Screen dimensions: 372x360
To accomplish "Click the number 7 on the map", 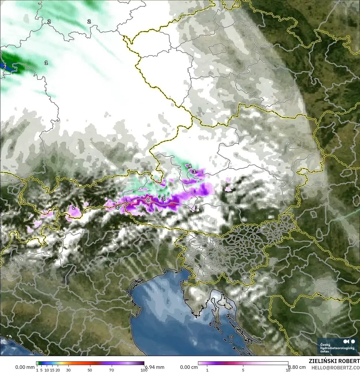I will click(x=5, y=67).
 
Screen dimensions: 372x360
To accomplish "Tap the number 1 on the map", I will click(x=46, y=62).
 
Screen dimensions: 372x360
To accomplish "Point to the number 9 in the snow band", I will click(x=148, y=200).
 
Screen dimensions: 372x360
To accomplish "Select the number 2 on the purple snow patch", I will click(x=74, y=207).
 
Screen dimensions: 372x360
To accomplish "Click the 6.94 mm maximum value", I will click(x=155, y=367).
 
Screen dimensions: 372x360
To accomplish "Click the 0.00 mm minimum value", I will click(x=25, y=367).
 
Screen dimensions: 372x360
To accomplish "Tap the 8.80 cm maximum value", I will click(x=297, y=367).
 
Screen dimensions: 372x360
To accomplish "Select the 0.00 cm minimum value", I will click(x=189, y=367).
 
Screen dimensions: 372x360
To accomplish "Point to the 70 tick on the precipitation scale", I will click(x=112, y=370).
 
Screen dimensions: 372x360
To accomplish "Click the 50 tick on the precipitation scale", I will click(x=90, y=370).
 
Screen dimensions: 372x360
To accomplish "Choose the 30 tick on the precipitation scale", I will click(x=68, y=370).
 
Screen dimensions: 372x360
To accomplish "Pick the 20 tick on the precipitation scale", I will click(x=58, y=370).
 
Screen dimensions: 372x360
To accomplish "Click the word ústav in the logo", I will click(x=325, y=351).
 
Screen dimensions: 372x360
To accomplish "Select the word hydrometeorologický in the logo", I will click(x=337, y=348).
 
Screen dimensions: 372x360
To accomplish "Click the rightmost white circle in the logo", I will click(x=352, y=341).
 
